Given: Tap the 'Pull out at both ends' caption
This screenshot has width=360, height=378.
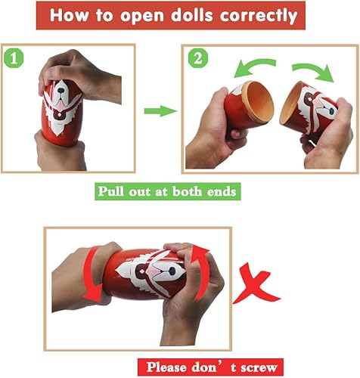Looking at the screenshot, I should (169, 191).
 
